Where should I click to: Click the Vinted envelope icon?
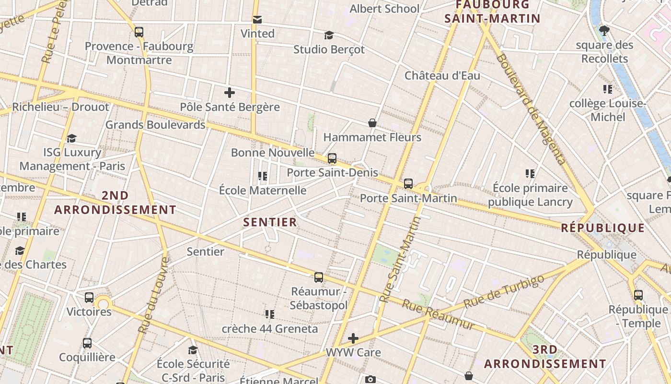pyautogui.click(x=257, y=20)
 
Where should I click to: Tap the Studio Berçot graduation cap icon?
pyautogui.click(x=329, y=36)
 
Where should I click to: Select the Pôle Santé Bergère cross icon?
pyautogui.click(x=230, y=93)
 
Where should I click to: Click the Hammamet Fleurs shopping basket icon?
pyautogui.click(x=372, y=123)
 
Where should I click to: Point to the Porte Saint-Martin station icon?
pyautogui.click(x=408, y=184)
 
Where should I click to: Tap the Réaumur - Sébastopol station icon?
pyautogui.click(x=319, y=277)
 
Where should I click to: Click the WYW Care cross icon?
pyautogui.click(x=353, y=338)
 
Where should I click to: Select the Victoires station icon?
pyautogui.click(x=89, y=298)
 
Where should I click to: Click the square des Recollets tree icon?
pyautogui.click(x=604, y=31)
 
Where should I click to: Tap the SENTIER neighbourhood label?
pyautogui.click(x=270, y=222)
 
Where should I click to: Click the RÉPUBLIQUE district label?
pyautogui.click(x=603, y=228)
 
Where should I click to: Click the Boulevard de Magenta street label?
pyautogui.click(x=532, y=109)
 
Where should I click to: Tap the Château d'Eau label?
pyautogui.click(x=442, y=75)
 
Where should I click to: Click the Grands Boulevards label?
pyautogui.click(x=155, y=125)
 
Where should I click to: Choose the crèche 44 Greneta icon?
pyautogui.click(x=270, y=314)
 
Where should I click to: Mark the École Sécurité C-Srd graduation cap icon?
pyautogui.click(x=193, y=350)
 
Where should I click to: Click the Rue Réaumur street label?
pyautogui.click(x=439, y=315)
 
